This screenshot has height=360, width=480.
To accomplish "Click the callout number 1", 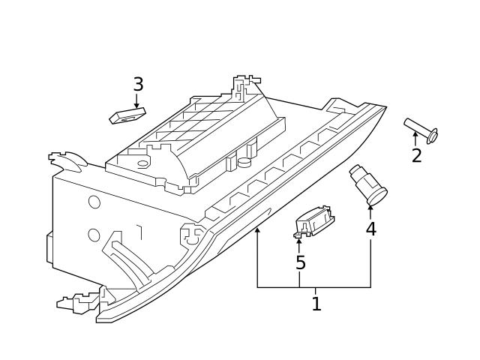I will point(316,304).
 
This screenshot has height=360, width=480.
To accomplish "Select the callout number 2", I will point(416,156).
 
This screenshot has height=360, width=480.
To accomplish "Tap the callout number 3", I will point(138,85).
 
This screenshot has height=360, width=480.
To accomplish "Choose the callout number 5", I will point(300,263).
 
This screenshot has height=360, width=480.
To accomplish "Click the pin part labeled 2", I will point(420,129).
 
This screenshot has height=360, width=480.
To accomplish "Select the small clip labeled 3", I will point(127,115).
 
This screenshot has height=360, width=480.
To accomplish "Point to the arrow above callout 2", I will point(415,138).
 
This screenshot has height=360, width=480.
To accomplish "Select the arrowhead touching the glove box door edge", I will point(257,230).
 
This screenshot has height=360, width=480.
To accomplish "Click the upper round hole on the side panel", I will point(94,202).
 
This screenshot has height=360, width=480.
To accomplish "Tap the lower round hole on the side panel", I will point(94,235).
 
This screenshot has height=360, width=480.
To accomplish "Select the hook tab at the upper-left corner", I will point(66,160).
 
